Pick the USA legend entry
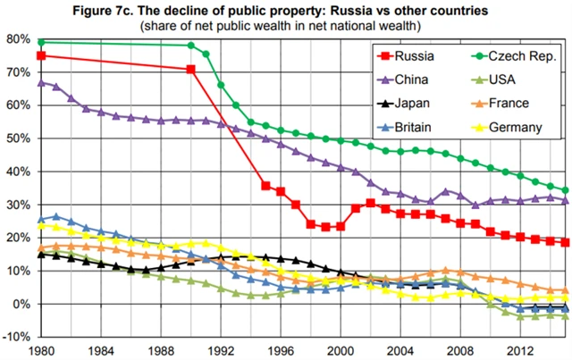tap(502, 80)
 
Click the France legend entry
tap(508, 104)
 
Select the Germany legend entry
tap(514, 127)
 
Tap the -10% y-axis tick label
tap(16, 337)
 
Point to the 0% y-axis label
tap(20, 304)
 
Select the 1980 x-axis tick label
tap(39, 350)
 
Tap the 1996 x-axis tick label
tap(280, 350)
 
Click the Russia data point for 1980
tap(41, 55)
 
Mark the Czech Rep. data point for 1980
tap(41, 42)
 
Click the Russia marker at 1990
tap(190, 69)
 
